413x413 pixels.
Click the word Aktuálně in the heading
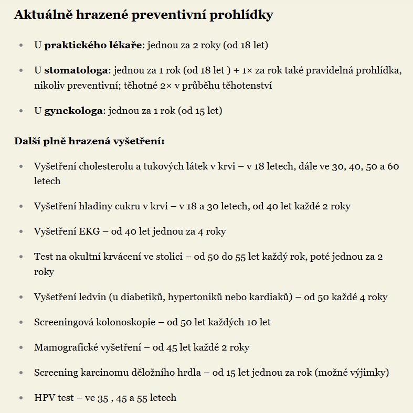[x=44, y=15]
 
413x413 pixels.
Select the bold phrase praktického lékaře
[x=93, y=45]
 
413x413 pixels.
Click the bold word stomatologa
[x=76, y=70]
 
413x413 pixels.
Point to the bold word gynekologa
[x=73, y=111]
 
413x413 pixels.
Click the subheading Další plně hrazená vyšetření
[x=89, y=141]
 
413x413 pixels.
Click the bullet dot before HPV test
[x=21, y=398]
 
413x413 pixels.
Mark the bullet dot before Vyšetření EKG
[x=21, y=231]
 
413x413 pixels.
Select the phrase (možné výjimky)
[x=352, y=373]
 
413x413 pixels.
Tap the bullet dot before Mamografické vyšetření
[x=21, y=347]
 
